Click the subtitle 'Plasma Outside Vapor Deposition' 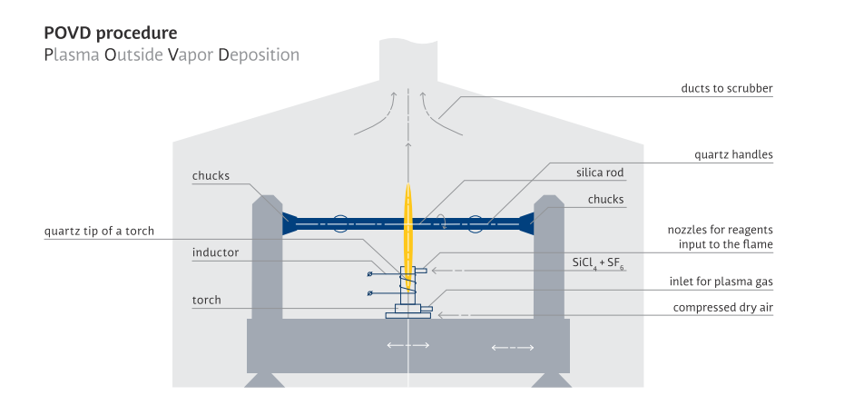point(171,54)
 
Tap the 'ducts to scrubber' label point(727,88)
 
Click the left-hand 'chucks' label point(211,175)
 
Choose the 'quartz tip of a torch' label point(99,231)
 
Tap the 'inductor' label point(215,252)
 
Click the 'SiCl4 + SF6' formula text point(599,263)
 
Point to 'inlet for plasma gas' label point(722,282)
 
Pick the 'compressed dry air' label point(722,307)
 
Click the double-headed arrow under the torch point(407,345)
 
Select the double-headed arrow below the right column point(512,346)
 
